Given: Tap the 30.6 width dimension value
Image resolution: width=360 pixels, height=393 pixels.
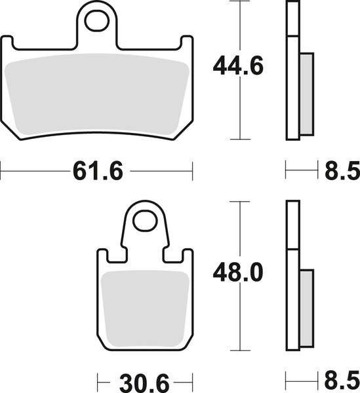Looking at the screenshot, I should coord(140,381).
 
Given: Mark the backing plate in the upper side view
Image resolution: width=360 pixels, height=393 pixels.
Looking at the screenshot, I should coord(292,72).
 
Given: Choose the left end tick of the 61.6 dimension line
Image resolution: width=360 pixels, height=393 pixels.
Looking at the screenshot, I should coord(1,172).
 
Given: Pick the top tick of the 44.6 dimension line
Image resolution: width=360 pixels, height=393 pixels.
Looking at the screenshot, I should coord(243,3).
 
